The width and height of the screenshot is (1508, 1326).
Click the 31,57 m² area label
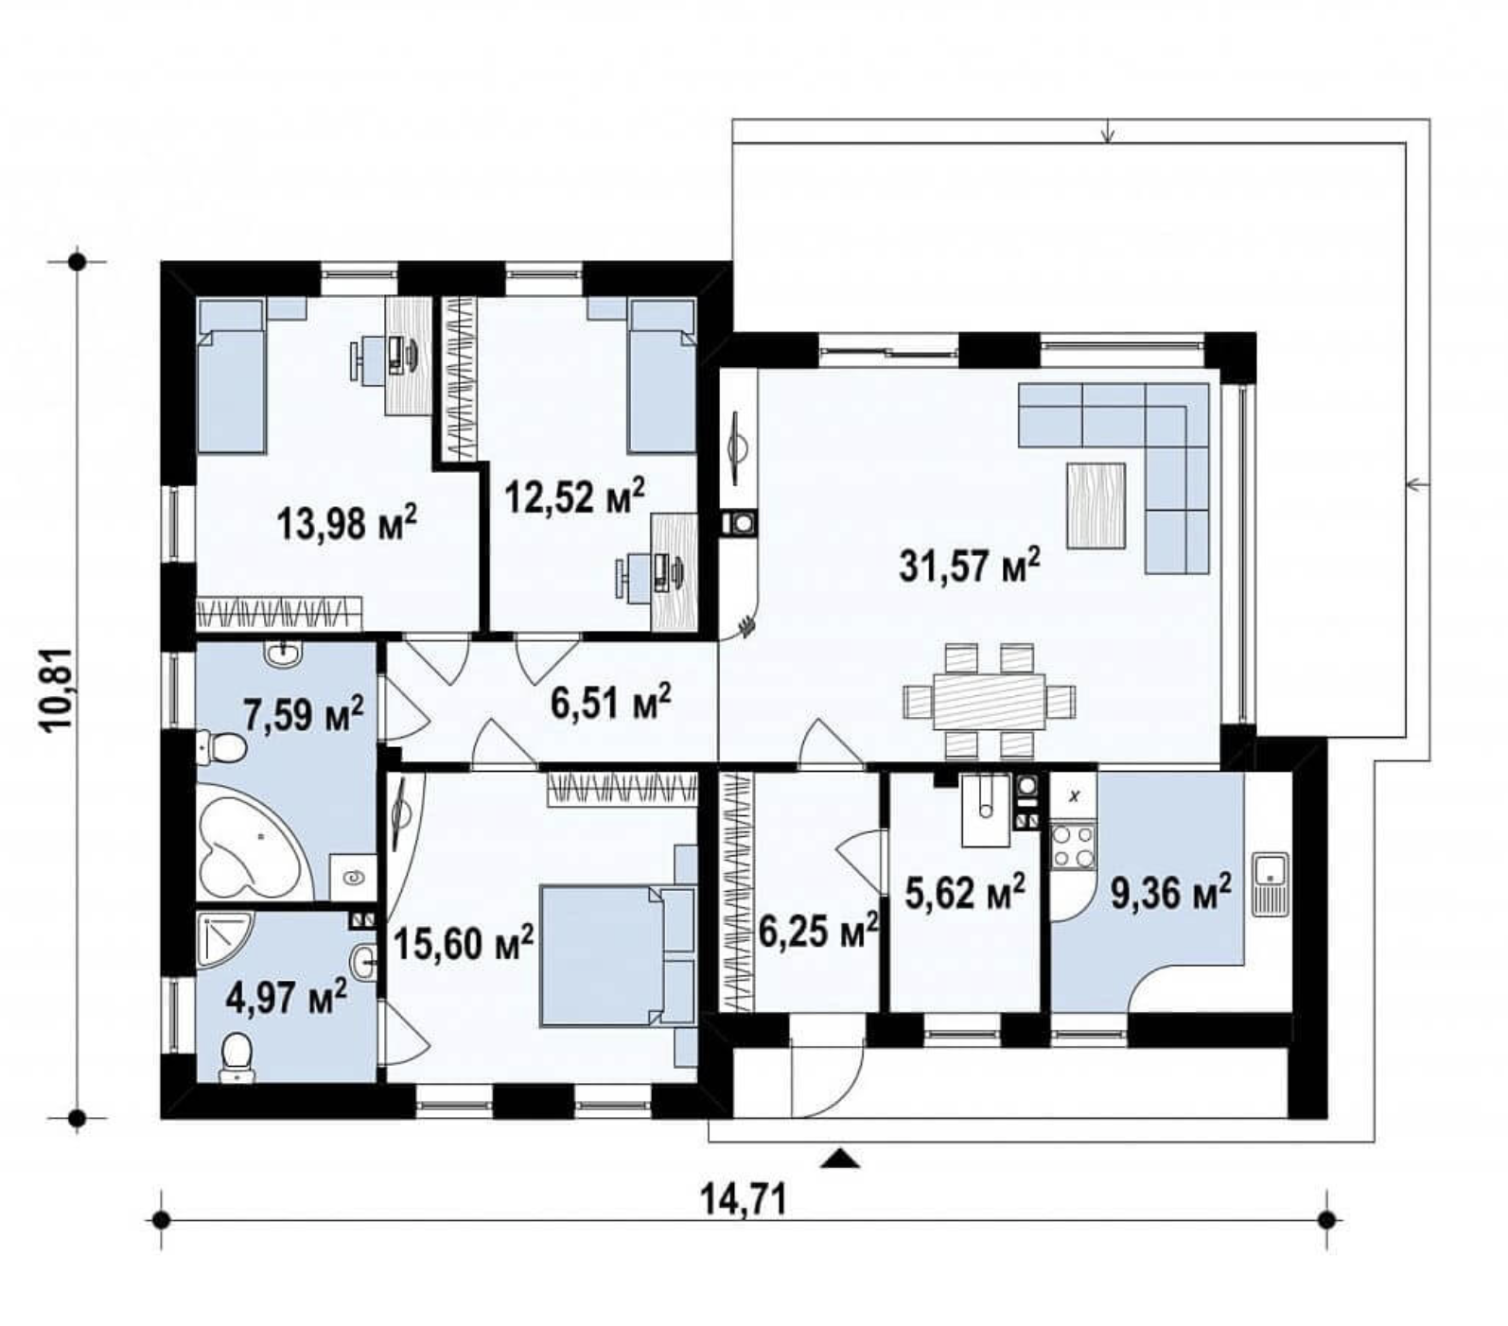970,566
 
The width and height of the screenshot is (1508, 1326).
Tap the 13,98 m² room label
347,522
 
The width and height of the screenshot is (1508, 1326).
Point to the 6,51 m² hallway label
610,703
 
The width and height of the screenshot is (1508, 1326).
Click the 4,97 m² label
286,997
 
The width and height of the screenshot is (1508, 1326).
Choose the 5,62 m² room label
965,892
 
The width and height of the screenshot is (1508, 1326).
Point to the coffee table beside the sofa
1096,506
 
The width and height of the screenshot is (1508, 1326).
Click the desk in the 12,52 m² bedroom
675,570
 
